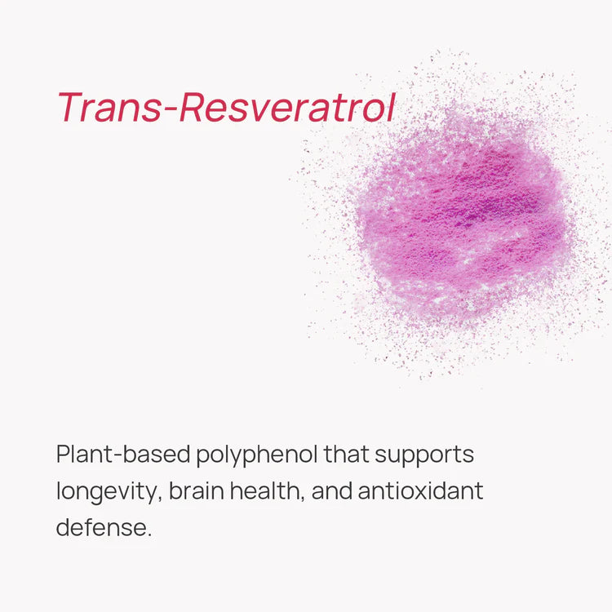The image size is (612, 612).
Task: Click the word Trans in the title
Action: (x=109, y=108)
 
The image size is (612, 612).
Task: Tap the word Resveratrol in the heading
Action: (x=288, y=108)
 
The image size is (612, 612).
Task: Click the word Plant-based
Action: (x=123, y=454)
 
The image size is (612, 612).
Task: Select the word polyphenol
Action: (x=256, y=456)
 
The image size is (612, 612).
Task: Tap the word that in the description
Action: (x=346, y=454)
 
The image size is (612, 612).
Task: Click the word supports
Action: (x=424, y=456)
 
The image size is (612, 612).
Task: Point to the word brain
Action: (x=197, y=490)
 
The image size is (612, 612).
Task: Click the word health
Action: (x=265, y=490)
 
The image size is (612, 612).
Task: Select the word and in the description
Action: (x=332, y=490)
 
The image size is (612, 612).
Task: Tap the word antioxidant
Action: (x=421, y=490)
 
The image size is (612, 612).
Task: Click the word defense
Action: (x=101, y=527)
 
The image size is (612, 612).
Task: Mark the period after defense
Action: (x=149, y=535)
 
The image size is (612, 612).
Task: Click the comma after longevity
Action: (x=160, y=499)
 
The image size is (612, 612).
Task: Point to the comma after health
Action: (x=303, y=499)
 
